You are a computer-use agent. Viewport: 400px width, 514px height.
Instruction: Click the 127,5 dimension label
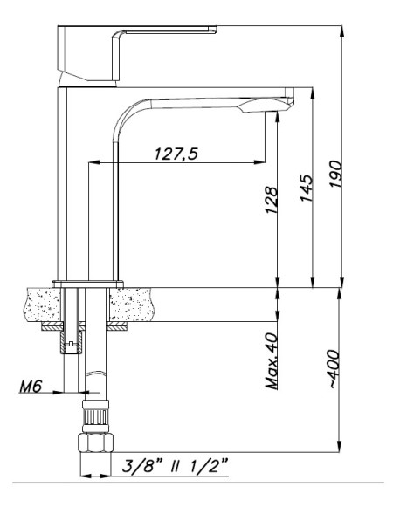[176, 154]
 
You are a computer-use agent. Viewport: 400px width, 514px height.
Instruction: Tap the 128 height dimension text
[272, 200]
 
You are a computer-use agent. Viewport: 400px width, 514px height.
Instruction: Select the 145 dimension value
[307, 188]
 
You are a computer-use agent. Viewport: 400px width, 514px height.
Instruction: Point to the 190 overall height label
[336, 174]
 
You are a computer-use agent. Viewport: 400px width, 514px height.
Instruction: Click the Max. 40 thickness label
[272, 361]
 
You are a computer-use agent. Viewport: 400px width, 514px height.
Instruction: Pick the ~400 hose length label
[334, 369]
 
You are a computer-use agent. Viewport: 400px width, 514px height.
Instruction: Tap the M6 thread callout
[31, 387]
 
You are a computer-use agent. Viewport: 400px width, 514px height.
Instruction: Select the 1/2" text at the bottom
[209, 465]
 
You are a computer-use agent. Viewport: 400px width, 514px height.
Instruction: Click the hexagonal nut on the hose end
[95, 442]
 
